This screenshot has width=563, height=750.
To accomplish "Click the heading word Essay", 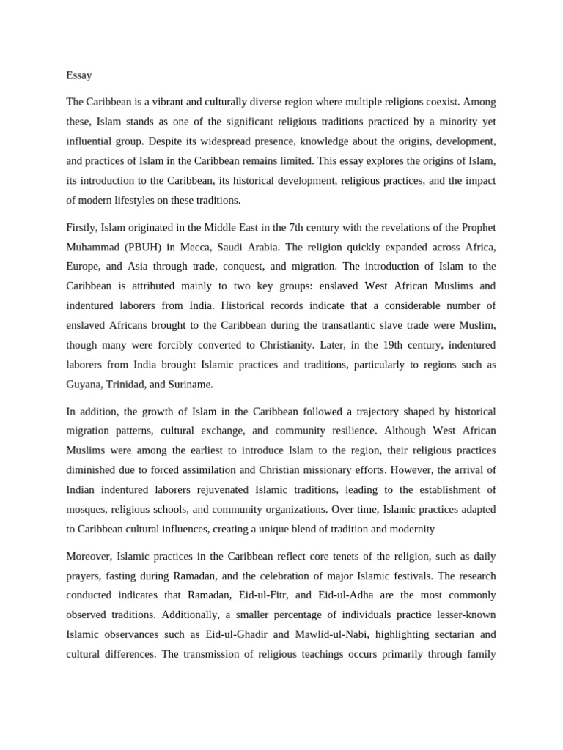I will click(x=78, y=75).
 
